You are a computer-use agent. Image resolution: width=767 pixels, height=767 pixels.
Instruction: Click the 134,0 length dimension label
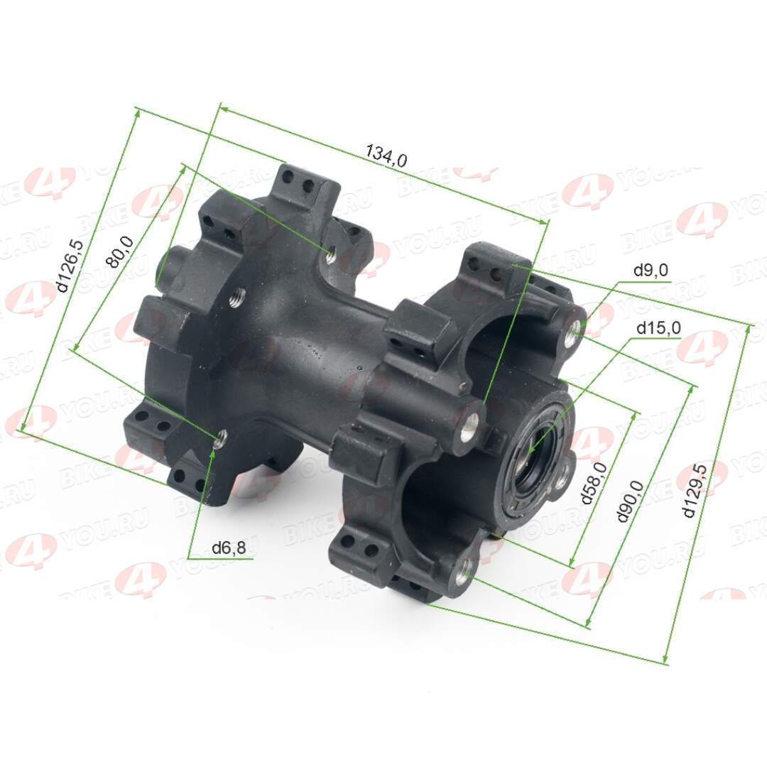tap(386, 156)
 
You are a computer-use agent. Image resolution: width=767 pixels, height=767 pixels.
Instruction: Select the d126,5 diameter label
tap(69, 265)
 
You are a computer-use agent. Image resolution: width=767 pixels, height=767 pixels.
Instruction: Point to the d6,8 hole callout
tap(229, 548)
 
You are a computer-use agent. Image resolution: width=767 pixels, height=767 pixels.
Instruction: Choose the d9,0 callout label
tap(651, 270)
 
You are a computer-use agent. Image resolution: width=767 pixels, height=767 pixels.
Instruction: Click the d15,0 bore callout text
tap(658, 328)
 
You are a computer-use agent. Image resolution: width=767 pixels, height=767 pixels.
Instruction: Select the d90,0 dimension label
tap(630, 501)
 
